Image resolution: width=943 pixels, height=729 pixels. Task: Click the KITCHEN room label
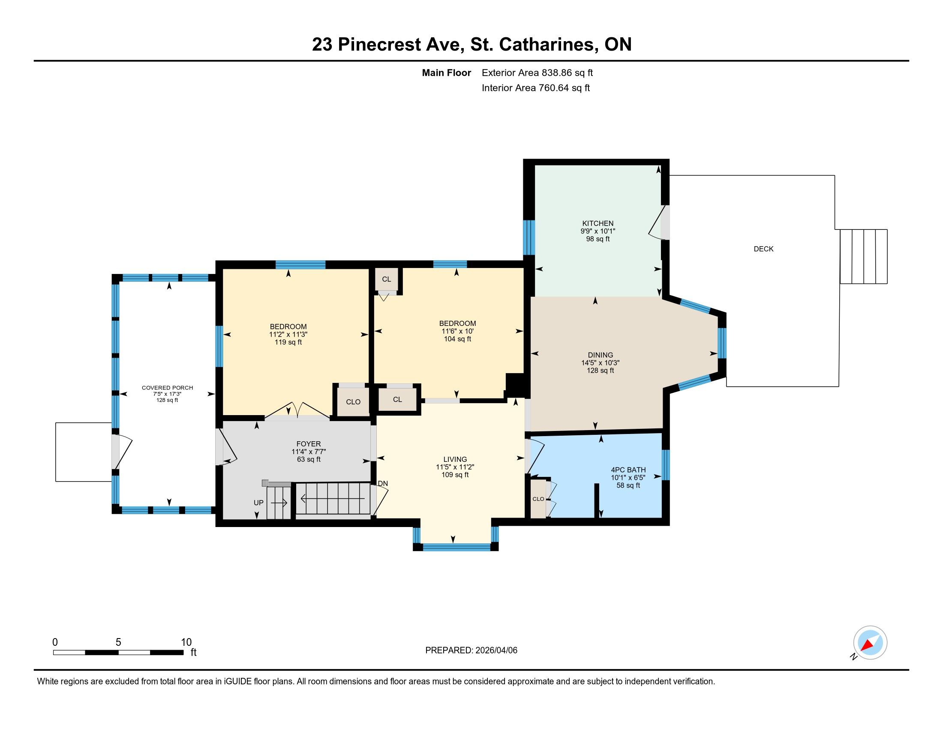598,223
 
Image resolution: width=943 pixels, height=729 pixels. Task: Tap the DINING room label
600,355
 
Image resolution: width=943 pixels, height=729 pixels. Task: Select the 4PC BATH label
628,470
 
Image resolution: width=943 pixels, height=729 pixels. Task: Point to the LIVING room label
455,459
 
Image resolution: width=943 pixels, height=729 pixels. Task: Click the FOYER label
308,443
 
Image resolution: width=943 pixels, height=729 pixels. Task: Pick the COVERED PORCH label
167,387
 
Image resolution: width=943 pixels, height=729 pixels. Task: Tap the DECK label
763,249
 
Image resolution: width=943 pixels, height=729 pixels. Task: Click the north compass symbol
870,643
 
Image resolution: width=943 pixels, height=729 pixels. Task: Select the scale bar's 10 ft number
186,642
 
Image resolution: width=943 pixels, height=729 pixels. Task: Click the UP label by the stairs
258,503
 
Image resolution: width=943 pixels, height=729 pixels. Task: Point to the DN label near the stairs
382,483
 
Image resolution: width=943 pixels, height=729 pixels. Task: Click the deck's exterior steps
864,256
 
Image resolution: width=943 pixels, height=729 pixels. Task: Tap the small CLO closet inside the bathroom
538,499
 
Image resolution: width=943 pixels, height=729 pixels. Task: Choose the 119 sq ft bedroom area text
288,342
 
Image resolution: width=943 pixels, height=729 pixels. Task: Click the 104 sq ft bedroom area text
457,339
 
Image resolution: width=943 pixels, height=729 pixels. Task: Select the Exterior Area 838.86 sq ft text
537,72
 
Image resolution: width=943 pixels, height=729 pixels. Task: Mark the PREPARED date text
471,650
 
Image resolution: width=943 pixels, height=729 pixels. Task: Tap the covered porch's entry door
121,452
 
